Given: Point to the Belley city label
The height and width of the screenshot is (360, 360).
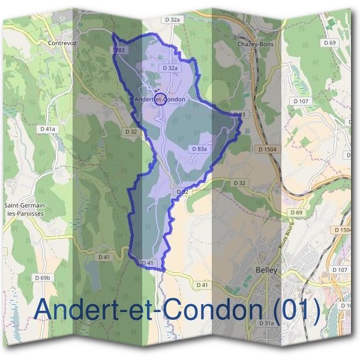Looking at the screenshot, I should point(266,271).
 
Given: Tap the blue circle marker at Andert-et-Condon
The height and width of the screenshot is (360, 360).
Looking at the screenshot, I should point(160,100).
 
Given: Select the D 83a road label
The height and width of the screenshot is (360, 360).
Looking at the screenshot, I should point(200,149).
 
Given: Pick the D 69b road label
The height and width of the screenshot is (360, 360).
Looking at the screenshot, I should point(43,278).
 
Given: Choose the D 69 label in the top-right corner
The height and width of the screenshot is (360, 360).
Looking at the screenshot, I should point(329,43).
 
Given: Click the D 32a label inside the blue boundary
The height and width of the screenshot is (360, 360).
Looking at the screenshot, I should point(171,68).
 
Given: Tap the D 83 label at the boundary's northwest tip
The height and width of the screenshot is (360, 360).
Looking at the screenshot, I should point(119,51).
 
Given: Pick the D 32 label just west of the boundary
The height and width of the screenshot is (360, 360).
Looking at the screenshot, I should point(131,131).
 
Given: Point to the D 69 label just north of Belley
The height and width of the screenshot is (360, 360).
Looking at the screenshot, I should point(296,213).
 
